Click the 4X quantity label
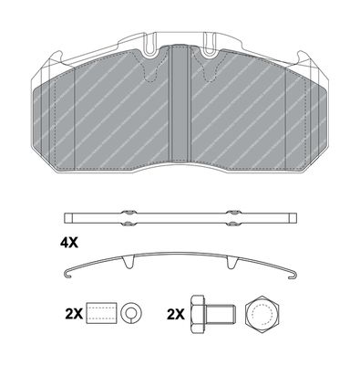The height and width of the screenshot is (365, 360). [69, 243]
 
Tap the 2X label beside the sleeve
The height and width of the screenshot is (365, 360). [74, 313]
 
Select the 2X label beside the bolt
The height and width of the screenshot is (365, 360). [176, 314]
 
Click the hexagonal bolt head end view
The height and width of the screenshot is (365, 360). [262, 314]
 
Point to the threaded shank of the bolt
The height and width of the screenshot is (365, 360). [220, 313]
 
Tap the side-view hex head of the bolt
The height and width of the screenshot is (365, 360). [198, 313]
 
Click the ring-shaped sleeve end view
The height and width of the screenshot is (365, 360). [131, 313]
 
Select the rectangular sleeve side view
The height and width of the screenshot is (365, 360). [101, 313]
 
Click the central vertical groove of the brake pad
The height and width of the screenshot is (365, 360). [180, 103]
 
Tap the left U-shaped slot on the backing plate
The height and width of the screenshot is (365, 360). [150, 46]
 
